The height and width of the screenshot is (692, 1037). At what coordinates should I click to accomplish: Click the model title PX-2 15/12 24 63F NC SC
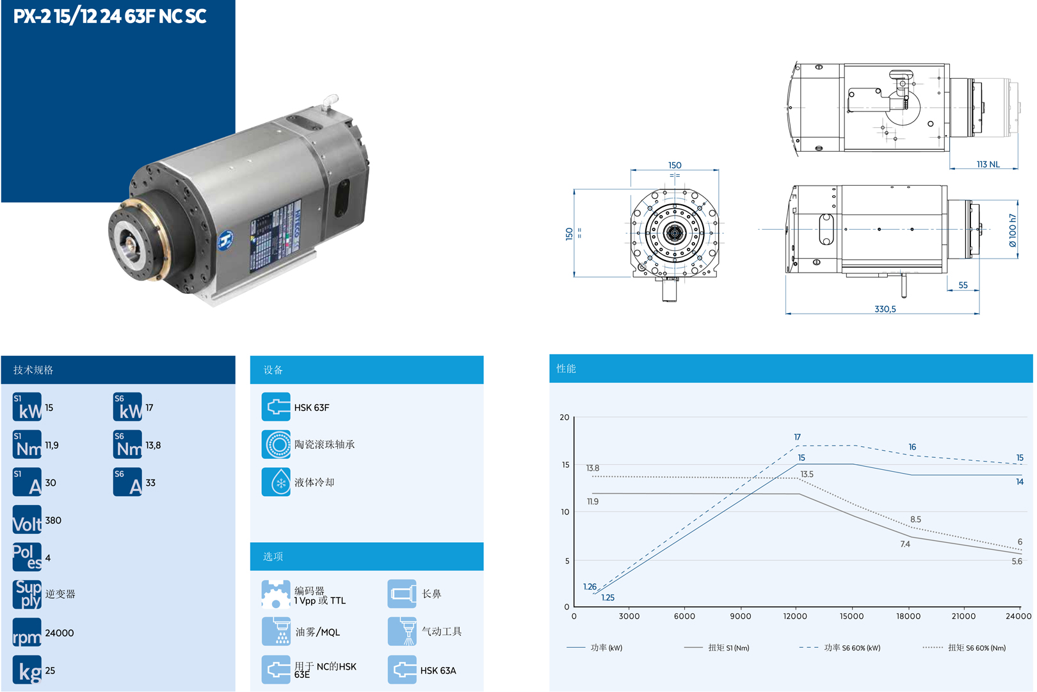pyautogui.click(x=109, y=17)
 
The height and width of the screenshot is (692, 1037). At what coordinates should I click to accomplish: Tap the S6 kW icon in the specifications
pyautogui.click(x=127, y=407)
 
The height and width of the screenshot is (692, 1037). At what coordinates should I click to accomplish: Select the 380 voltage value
pyautogui.click(x=53, y=520)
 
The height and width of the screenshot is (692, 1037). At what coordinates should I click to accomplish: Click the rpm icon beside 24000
pyautogui.click(x=27, y=632)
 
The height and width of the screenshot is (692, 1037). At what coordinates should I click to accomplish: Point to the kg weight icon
pyautogui.click(x=27, y=670)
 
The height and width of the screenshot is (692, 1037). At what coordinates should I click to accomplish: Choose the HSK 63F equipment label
pyautogui.click(x=312, y=408)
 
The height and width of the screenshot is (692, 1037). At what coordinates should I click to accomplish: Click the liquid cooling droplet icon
pyautogui.click(x=276, y=482)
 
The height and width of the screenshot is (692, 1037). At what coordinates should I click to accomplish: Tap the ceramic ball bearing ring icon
pyautogui.click(x=276, y=444)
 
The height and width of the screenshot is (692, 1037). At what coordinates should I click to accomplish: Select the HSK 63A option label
pyautogui.click(x=438, y=671)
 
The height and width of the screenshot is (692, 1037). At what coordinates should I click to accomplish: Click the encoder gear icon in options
pyautogui.click(x=276, y=594)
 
